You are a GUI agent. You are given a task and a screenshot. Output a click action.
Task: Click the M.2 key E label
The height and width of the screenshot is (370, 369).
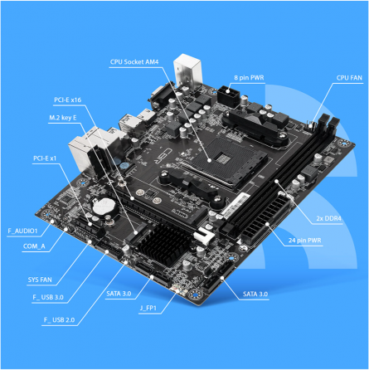click(x=64, y=119)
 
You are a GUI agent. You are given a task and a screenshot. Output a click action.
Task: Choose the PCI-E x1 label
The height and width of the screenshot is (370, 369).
click(x=46, y=157)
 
